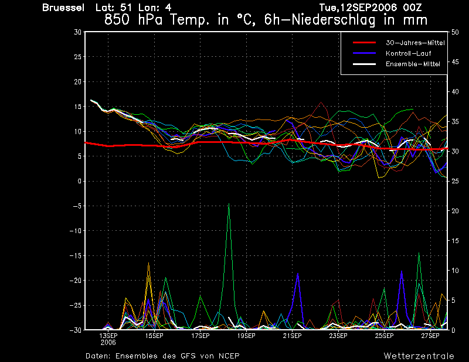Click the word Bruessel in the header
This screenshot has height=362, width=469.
pyautogui.click(x=63, y=8)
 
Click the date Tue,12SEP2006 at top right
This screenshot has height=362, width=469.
pyautogui.click(x=358, y=8)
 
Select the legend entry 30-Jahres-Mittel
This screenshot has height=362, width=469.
pyautogui.click(x=415, y=43)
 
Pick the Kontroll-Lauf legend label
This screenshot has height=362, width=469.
pyautogui.click(x=408, y=53)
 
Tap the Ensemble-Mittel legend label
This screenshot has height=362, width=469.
pyautogui.click(x=413, y=64)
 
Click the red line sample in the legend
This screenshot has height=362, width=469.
pyautogui.click(x=364, y=43)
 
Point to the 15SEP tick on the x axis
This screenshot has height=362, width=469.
pyautogui.click(x=154, y=336)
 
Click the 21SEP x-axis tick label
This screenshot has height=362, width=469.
pyautogui.click(x=292, y=336)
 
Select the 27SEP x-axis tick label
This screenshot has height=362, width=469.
pyautogui.click(x=430, y=336)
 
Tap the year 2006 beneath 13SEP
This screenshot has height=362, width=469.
pyautogui.click(x=108, y=343)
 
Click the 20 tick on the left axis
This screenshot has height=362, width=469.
pyautogui.click(x=78, y=81)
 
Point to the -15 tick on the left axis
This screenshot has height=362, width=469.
pyautogui.click(x=76, y=255)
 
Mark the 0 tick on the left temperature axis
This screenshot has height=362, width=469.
pyautogui.click(x=80, y=181)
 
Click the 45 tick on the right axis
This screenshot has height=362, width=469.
pyautogui.click(x=455, y=62)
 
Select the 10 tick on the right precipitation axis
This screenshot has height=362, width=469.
pyautogui.click(x=455, y=271)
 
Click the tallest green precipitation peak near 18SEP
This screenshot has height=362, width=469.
pyautogui.click(x=229, y=204)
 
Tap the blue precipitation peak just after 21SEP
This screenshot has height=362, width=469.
pyautogui.click(x=298, y=274)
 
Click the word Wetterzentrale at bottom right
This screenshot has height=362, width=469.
pyautogui.click(x=419, y=356)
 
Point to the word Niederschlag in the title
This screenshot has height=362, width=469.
pyautogui.click(x=333, y=21)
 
